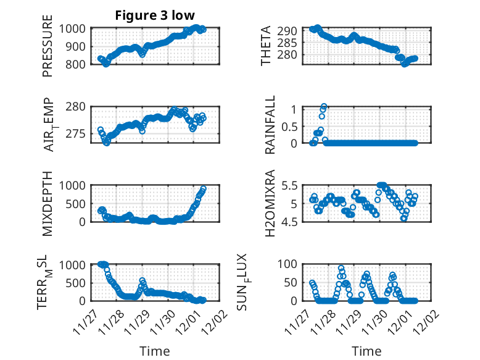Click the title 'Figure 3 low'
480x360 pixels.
click(x=154, y=16)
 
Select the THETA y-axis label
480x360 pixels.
click(x=265, y=47)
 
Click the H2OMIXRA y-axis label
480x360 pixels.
click(x=270, y=204)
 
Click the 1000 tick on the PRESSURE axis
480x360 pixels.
click(x=75, y=28)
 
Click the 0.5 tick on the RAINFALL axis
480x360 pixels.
click(x=289, y=126)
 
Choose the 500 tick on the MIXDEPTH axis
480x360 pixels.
click(x=78, y=203)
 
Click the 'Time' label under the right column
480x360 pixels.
click(x=366, y=351)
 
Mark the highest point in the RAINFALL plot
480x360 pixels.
click(x=324, y=107)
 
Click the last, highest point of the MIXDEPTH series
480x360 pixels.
click(x=204, y=189)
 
